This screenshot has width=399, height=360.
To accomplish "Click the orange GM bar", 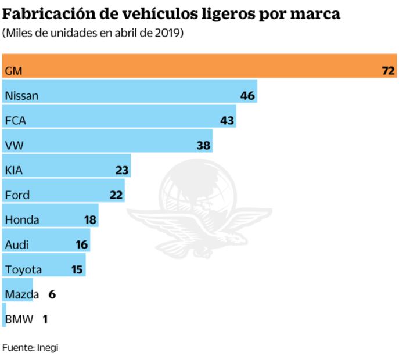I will coord(197,66).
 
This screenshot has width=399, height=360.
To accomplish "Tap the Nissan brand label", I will coord(21,96).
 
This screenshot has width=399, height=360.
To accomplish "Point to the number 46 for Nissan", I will coord(247,96).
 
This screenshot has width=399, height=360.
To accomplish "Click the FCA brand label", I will coord(16,121).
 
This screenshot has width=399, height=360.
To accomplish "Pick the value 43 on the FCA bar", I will coord(227,121).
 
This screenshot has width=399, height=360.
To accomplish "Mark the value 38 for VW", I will coord(203,145).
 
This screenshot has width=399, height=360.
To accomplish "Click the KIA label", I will coord(14,170).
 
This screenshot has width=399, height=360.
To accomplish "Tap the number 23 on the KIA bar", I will coord(121,170).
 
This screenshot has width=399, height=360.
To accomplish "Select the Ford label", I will coord(17,195).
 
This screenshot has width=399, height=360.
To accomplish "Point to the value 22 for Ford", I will coord(116,195).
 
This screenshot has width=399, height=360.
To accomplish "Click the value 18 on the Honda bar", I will coord(90,219).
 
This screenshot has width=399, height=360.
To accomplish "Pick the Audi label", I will coord(16,244).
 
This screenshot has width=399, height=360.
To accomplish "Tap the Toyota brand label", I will coord(23,269).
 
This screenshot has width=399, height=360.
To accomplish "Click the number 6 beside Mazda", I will coord(52,294).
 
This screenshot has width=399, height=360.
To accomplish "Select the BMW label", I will coord(19,319).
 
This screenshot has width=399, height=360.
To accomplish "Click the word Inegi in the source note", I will coord(47,347).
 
